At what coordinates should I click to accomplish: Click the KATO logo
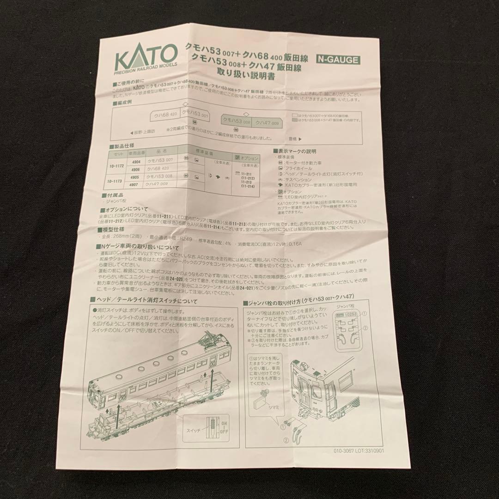(x=145, y=57)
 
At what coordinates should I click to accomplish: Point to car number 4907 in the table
(x=135, y=185)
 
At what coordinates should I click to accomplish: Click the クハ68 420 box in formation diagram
(x=165, y=115)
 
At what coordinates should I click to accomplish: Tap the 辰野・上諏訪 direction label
(x=145, y=131)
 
